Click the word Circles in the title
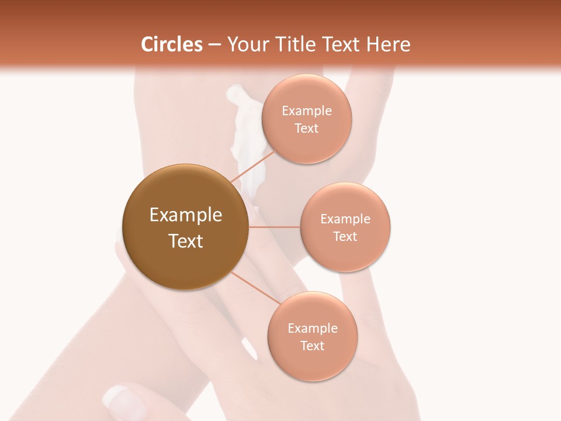[171, 44]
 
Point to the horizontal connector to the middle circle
[274, 227]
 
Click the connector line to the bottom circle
[255, 288]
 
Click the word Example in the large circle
[186, 215]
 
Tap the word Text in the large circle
[186, 241]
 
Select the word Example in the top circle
[307, 111]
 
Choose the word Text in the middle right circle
[345, 236]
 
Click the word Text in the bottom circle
[312, 346]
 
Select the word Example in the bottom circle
[312, 328]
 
